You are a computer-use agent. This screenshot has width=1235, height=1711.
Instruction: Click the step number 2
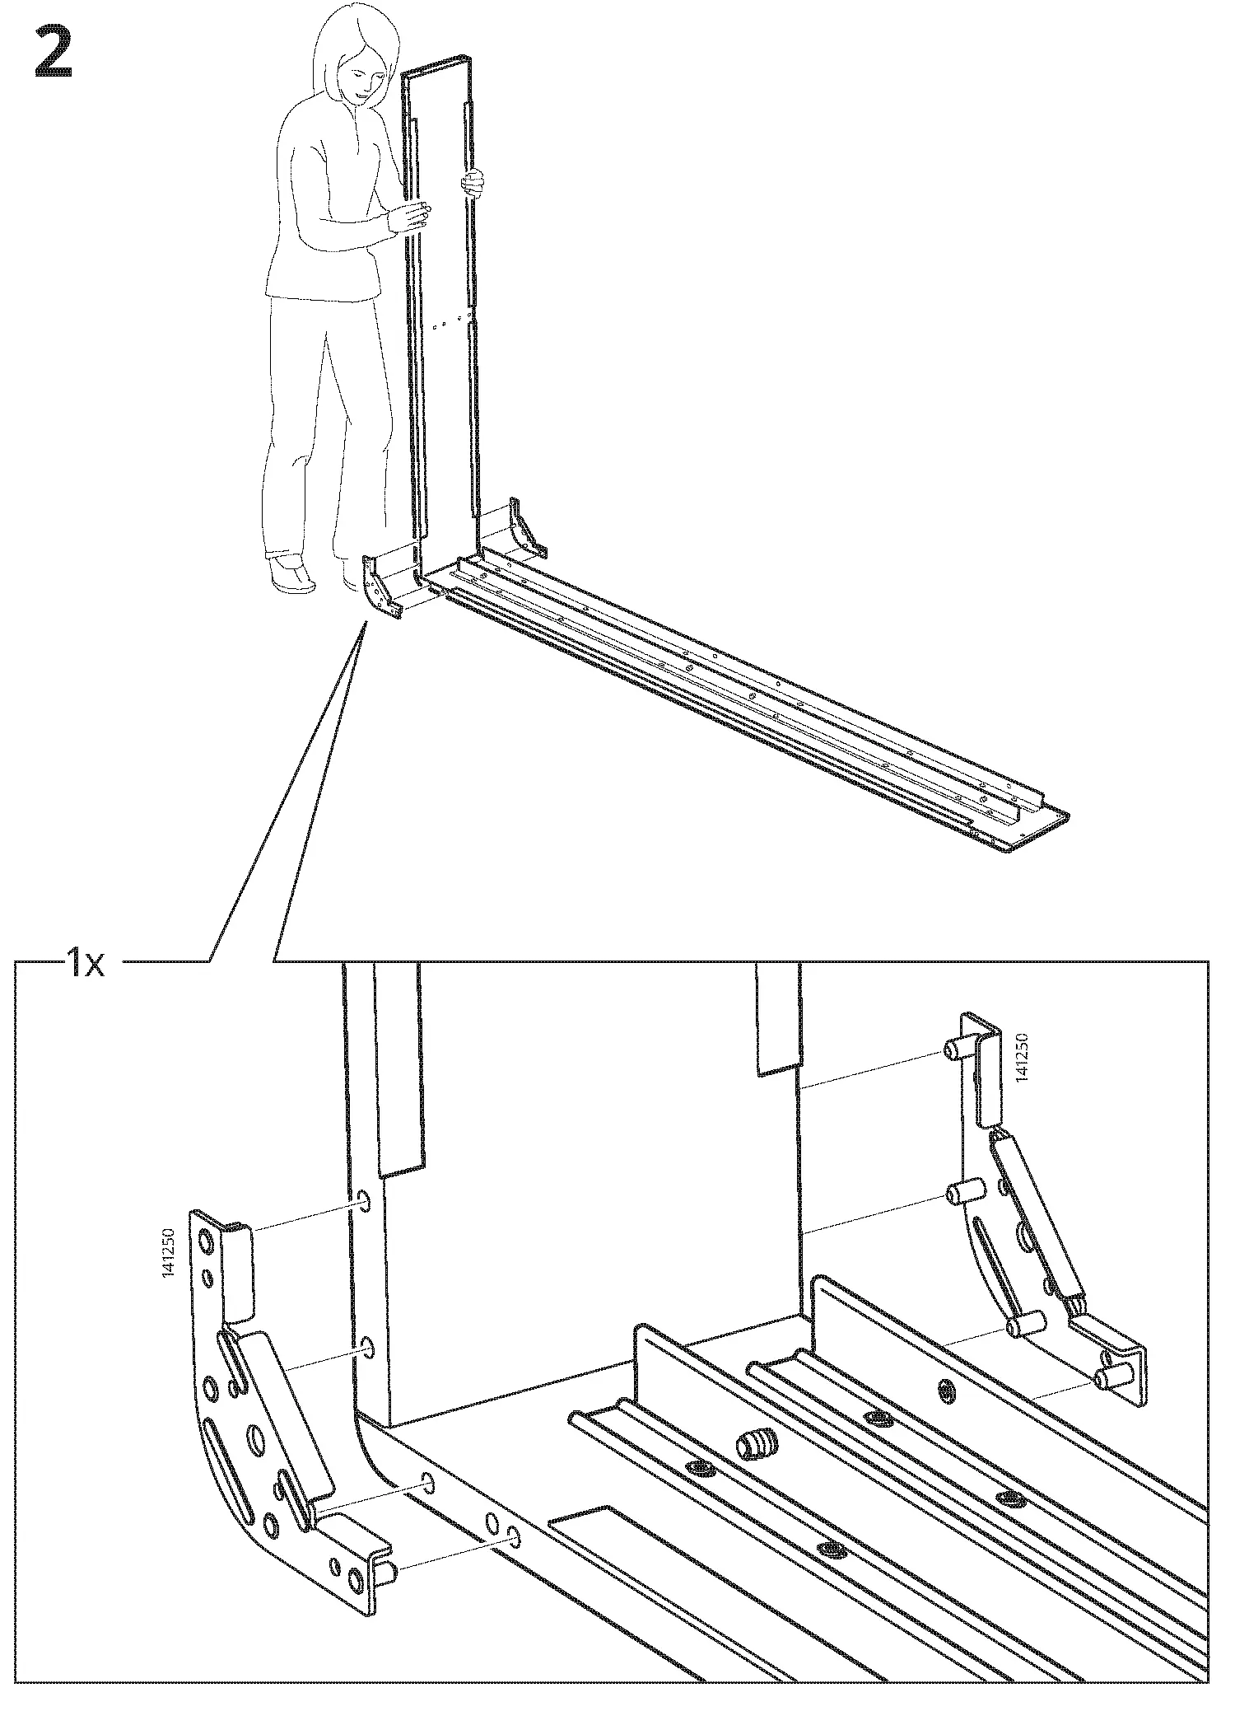[x=54, y=53]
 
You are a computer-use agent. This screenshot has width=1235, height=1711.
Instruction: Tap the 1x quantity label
[x=86, y=961]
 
